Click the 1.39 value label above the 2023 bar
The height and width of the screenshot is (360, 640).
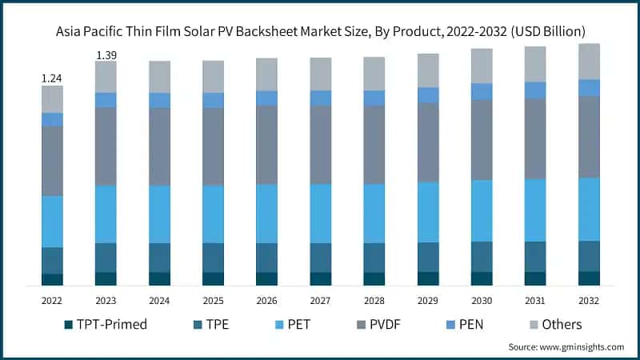106,54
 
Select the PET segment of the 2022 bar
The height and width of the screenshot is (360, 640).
52,222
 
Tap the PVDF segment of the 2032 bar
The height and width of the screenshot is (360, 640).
589,137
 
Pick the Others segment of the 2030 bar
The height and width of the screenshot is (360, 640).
482,66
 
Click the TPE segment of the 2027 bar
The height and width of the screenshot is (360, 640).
320,258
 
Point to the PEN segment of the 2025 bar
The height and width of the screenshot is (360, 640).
213,100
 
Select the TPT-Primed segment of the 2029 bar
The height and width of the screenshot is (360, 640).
428,278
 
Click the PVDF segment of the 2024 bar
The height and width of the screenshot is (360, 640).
159,146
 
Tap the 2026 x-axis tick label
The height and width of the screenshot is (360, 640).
266,299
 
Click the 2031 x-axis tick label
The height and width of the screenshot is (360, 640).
535,299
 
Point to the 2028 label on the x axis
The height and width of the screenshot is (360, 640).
374,299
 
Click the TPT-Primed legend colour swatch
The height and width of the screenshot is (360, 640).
70,325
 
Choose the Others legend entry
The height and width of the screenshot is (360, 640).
559,325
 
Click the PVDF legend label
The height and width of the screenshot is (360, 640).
383,325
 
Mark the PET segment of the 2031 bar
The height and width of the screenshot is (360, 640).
535,210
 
